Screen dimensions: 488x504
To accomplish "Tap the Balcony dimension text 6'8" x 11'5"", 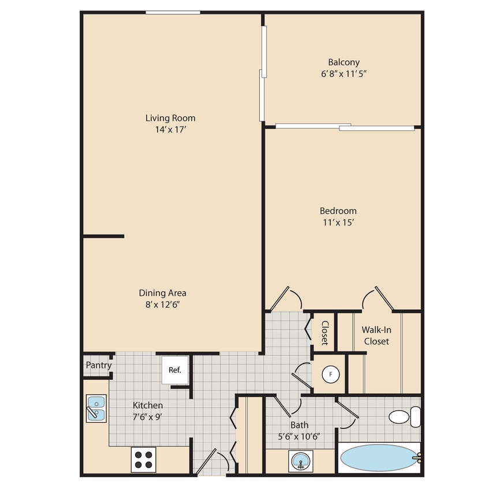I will pos(344,73).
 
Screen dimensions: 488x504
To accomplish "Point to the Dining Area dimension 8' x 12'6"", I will pos(162,304).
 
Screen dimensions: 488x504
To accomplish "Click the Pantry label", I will pos(99,365).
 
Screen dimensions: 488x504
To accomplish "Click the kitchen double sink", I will pos(96,408).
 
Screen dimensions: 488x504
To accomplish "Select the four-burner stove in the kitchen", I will pos(144,459).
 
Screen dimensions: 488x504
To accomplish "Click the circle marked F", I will pos(330,374).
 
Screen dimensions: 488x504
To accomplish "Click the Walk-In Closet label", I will pos(376,335).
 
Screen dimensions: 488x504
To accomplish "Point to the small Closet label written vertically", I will pos(324,332).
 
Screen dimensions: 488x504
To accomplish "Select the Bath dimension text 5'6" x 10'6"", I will pos(299,436).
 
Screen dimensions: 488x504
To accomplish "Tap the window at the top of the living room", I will pos(173,12).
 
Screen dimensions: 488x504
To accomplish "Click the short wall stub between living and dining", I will pos(103,236).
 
